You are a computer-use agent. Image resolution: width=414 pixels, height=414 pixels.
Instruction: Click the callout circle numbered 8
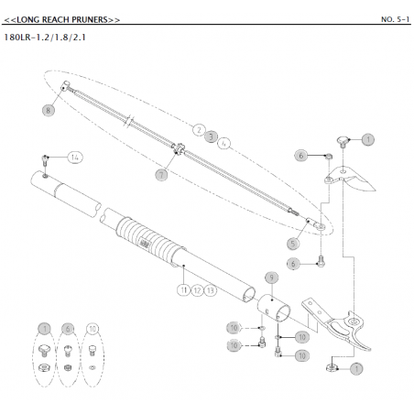(48, 110)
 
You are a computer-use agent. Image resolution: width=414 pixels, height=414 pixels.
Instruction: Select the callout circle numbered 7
(161, 175)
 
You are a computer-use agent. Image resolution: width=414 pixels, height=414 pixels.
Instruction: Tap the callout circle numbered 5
(293, 244)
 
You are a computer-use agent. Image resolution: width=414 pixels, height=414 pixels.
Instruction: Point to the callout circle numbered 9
(271, 278)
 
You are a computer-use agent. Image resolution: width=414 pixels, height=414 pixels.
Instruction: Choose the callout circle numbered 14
(75, 158)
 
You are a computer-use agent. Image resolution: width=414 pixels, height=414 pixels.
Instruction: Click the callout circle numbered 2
(199, 130)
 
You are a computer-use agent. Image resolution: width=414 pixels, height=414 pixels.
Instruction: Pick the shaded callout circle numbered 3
(211, 136)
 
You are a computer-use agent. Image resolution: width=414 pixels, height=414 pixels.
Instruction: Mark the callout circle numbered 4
(224, 144)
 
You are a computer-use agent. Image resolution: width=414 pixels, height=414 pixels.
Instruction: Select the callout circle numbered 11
(183, 289)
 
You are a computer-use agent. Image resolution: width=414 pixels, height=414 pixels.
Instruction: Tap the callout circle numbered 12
(197, 290)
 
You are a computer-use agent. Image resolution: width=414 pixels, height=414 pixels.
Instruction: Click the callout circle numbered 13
(211, 290)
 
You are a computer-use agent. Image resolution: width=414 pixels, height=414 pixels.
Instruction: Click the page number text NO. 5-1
(395, 19)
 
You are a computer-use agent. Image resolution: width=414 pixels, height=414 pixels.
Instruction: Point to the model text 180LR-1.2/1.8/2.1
(45, 38)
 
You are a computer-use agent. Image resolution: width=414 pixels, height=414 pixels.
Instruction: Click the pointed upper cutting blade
(351, 180)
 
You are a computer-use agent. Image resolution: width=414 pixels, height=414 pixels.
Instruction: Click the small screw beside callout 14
(45, 160)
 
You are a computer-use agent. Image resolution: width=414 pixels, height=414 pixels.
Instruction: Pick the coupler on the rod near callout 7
(179, 149)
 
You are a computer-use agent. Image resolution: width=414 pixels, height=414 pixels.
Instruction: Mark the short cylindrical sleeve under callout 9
(274, 308)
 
